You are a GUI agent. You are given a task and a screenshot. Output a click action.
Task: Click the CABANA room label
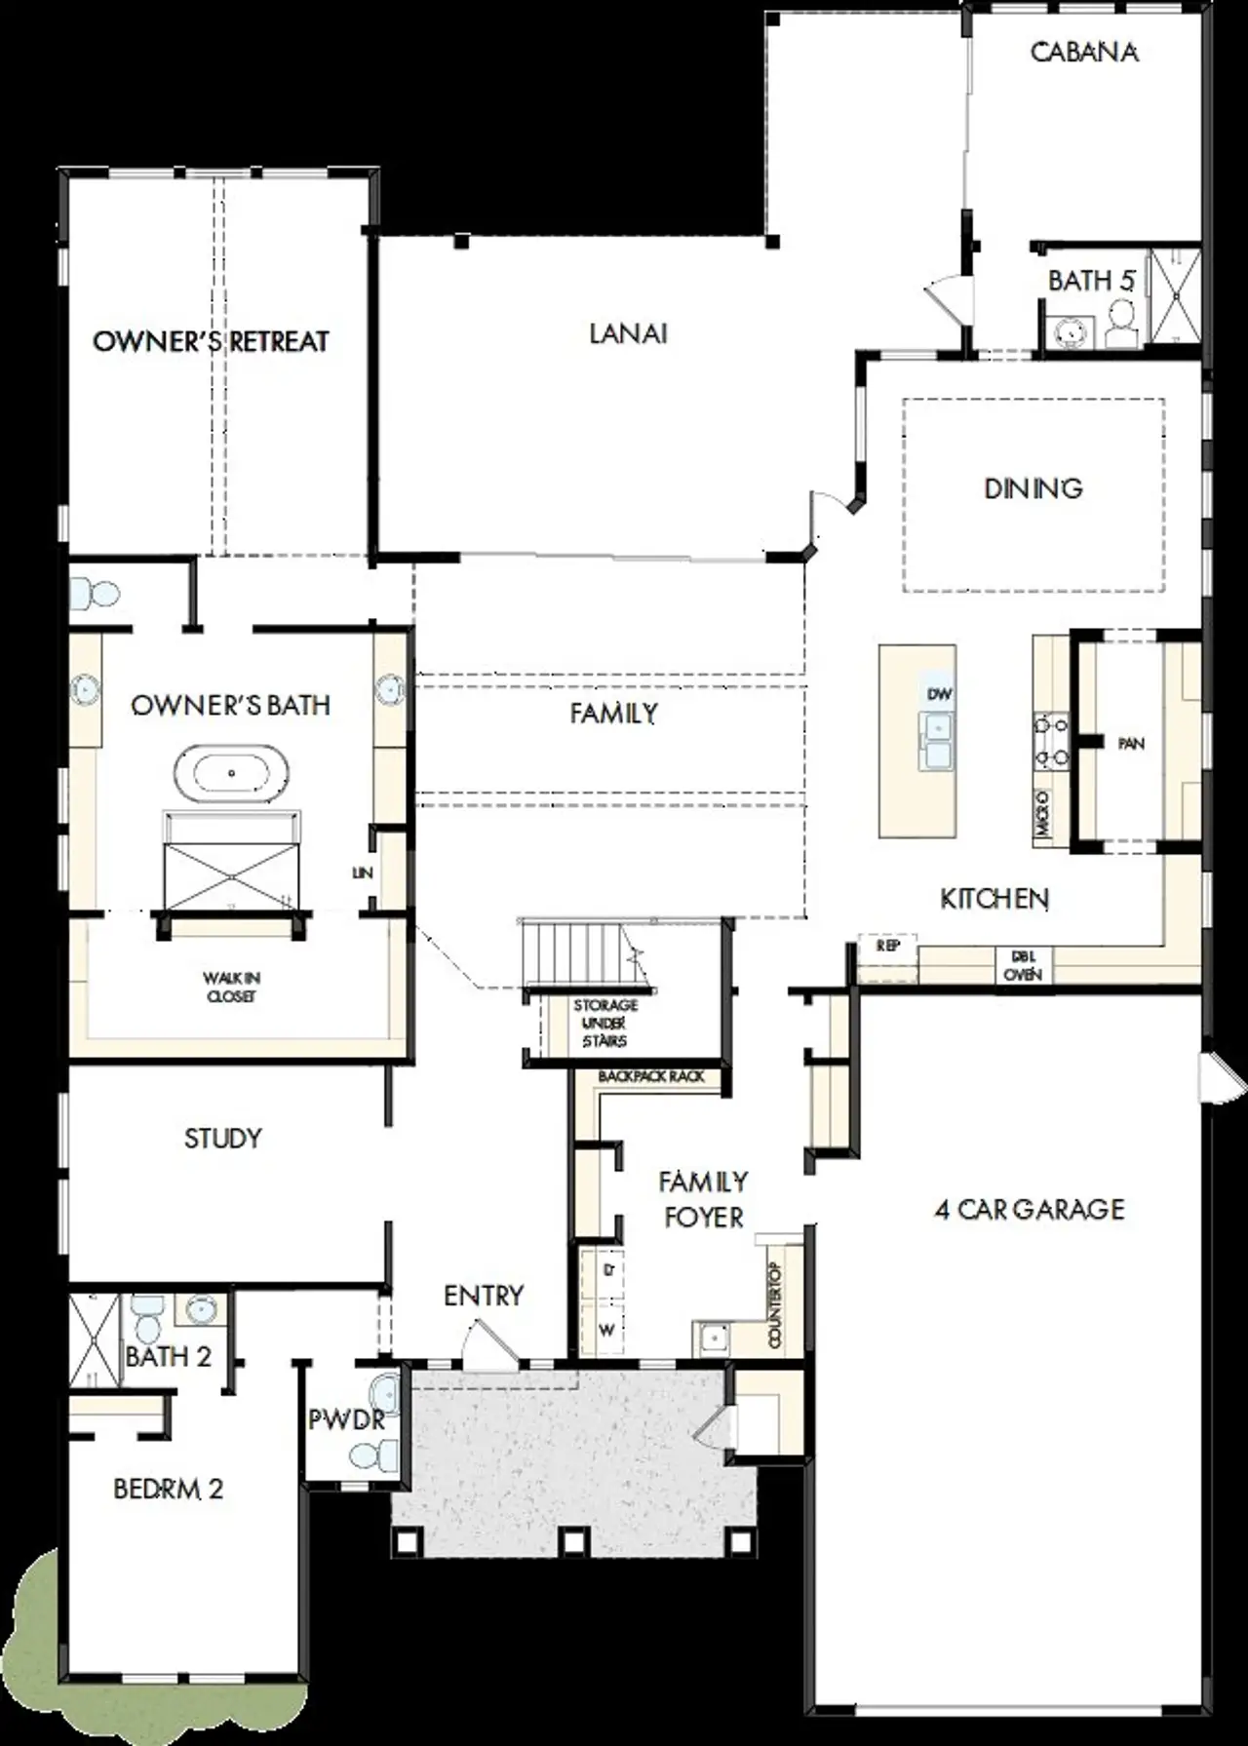1084,52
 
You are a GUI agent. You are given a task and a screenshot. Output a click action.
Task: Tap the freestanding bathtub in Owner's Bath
231,773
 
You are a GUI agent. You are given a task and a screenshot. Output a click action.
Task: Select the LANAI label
628,333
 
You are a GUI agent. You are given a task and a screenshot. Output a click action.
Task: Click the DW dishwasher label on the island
939,694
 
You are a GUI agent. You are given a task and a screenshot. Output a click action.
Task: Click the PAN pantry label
1131,744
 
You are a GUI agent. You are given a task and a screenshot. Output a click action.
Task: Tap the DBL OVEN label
1023,966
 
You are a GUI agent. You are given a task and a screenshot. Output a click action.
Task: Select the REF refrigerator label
887,947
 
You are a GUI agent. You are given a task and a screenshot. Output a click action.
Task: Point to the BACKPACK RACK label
650,1076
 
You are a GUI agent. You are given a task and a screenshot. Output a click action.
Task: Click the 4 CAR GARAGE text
1030,1210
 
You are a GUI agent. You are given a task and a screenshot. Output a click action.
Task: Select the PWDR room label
346,1420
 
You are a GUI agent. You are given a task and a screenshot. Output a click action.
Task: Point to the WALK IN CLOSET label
231,987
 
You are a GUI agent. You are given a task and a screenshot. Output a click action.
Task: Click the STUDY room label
223,1139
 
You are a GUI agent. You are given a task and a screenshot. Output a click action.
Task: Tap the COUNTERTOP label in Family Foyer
776,1304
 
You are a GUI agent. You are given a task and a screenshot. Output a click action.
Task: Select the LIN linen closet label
362,873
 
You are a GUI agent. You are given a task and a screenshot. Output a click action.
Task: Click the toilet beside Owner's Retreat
96,593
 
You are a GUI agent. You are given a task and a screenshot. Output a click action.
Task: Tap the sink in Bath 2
202,1309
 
